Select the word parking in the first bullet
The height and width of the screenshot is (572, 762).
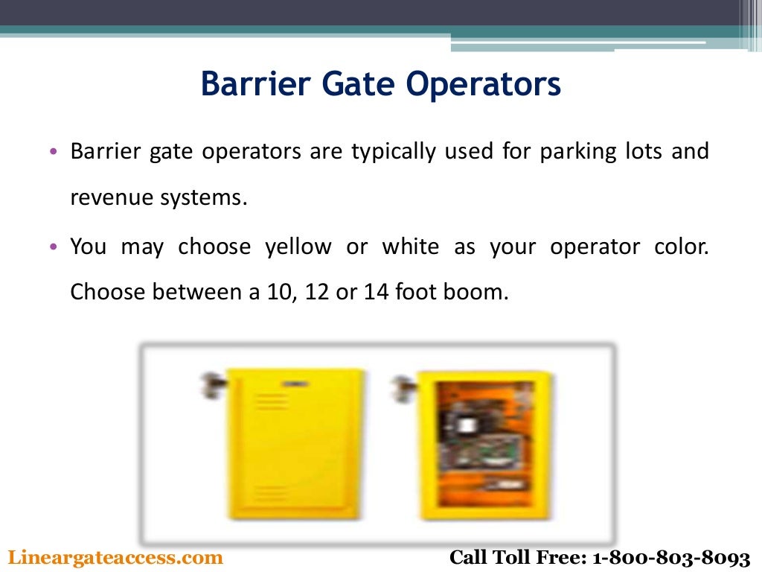coord(578,152)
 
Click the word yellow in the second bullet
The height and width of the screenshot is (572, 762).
coord(298,247)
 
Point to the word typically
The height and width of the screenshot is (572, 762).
coord(394,152)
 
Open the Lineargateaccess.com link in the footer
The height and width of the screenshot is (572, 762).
coord(115,557)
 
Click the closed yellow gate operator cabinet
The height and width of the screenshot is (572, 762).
coord(296,444)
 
